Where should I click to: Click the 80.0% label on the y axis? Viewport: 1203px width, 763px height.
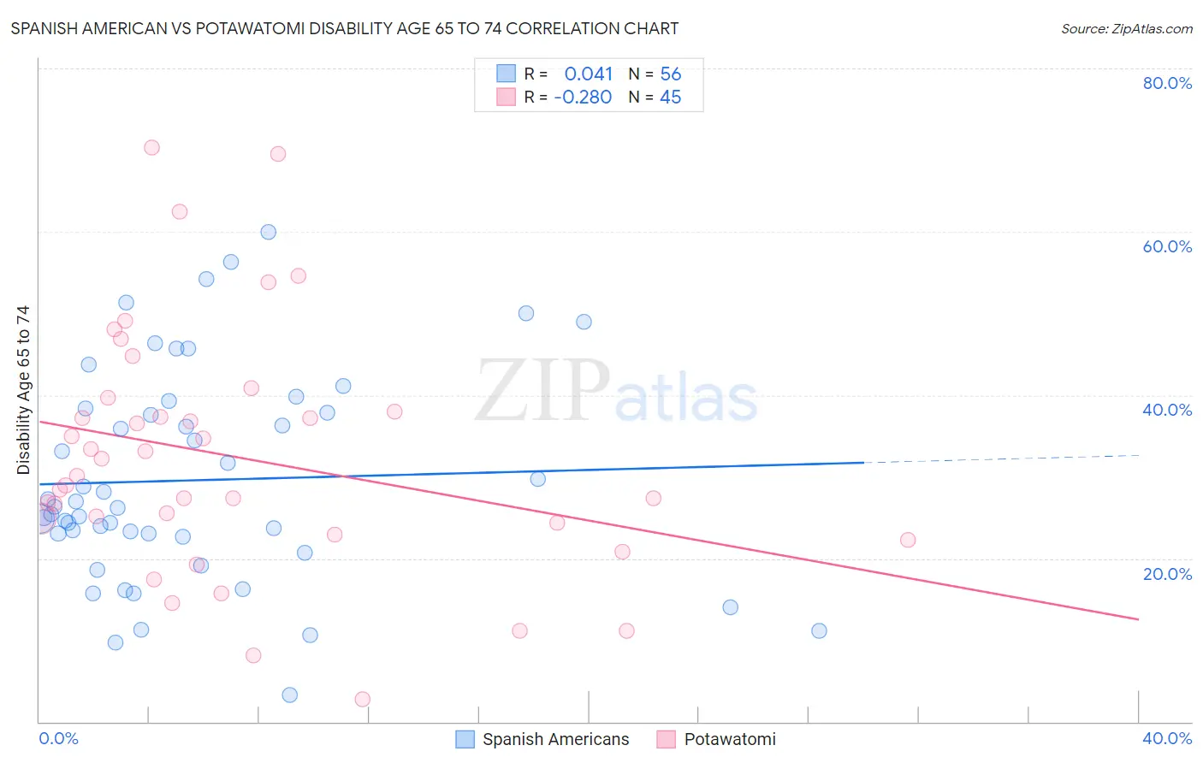(1167, 83)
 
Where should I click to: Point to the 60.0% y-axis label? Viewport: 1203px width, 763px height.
(1167, 246)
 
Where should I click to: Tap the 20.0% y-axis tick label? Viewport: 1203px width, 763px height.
(1167, 574)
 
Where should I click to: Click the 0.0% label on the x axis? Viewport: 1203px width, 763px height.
(58, 738)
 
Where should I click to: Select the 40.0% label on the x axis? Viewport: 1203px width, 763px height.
(1167, 738)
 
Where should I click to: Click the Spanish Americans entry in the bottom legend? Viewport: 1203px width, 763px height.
(555, 739)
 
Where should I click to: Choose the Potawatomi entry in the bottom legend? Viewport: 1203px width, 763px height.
(730, 739)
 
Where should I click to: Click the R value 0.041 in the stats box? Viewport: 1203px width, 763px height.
(589, 74)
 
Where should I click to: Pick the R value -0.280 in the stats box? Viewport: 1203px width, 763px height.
(583, 98)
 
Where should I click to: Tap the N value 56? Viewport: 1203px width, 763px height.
(671, 74)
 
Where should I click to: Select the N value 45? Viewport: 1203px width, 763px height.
(671, 98)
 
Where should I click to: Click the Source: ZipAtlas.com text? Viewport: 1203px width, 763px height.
(1126, 28)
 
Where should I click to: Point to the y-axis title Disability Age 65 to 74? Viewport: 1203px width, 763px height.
(23, 390)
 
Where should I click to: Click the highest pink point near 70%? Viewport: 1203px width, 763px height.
(151, 147)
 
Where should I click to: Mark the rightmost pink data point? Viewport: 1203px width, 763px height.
(908, 540)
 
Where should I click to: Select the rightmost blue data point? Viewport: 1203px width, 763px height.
(819, 631)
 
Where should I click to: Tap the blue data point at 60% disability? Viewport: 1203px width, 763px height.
(269, 232)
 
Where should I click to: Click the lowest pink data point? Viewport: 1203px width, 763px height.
(363, 700)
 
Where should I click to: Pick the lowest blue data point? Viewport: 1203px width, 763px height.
(290, 695)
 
